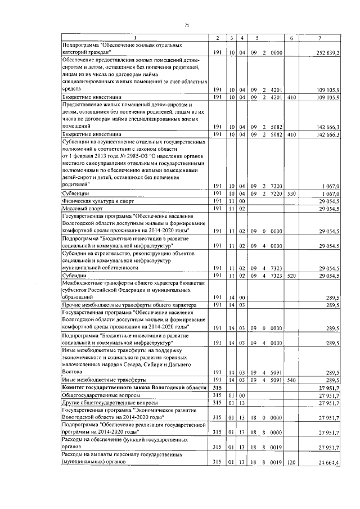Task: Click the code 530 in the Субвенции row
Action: (x=291, y=192)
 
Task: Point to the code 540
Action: (x=291, y=380)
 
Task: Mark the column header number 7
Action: (x=319, y=38)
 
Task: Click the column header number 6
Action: (x=291, y=38)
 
